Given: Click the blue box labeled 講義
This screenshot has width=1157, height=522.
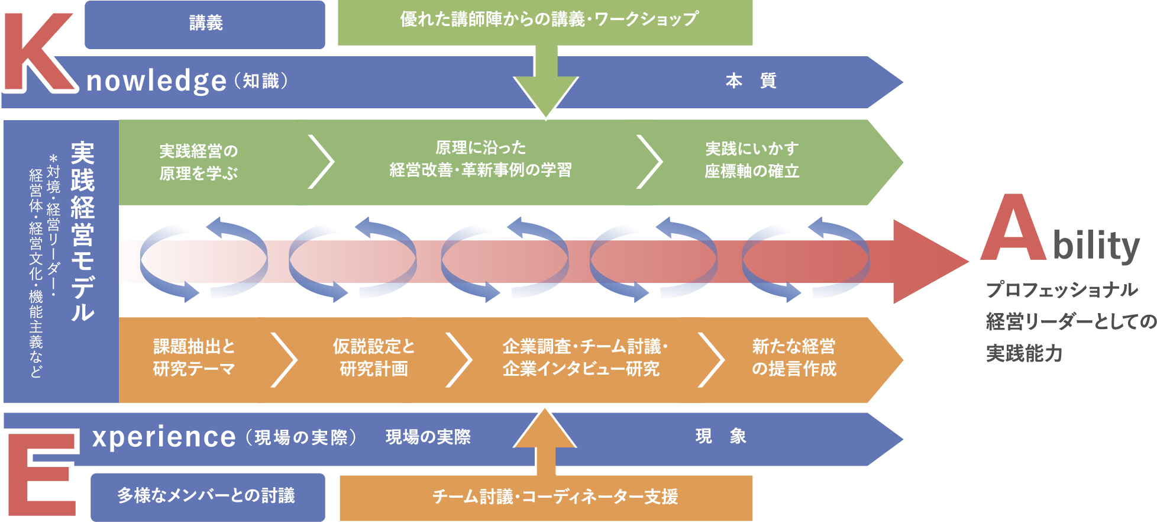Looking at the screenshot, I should (x=205, y=24).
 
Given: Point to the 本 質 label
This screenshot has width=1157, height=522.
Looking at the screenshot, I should (x=751, y=80).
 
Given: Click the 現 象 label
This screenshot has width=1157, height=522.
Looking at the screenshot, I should (x=720, y=437).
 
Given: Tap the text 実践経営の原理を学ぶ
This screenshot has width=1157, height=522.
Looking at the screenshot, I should (x=198, y=162).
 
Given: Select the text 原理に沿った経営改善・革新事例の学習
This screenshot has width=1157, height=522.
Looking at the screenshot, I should (x=480, y=159).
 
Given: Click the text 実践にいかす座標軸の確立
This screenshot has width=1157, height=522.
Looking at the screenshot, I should (x=751, y=160).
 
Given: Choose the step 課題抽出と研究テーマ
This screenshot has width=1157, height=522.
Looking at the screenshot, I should (x=194, y=357).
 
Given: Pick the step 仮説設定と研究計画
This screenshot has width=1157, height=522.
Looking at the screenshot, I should (x=374, y=357).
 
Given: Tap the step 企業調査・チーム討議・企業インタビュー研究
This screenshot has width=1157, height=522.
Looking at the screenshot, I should (x=584, y=357).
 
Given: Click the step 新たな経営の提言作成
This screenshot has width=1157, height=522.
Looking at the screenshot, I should (x=794, y=357).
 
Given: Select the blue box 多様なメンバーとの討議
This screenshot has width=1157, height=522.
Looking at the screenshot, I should (x=207, y=496).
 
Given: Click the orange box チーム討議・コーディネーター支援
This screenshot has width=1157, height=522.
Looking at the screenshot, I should (x=555, y=497).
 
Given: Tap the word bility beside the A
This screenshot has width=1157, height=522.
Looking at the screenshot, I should (x=1096, y=246).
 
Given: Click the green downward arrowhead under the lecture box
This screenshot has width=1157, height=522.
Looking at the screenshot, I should (x=545, y=95).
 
